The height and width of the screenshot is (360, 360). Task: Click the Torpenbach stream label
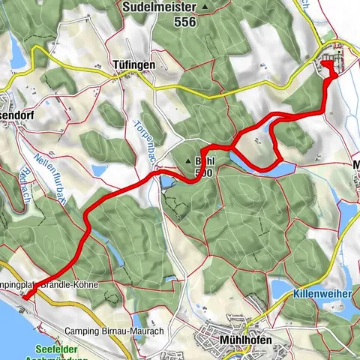pos(145,140)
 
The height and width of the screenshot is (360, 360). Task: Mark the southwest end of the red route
pos(25,297)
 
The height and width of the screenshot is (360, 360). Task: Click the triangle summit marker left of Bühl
pos(187,160)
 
